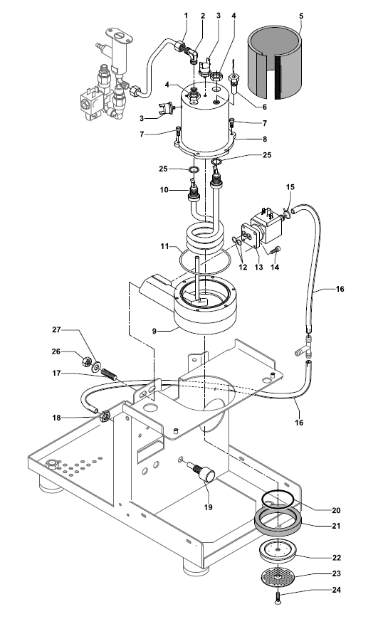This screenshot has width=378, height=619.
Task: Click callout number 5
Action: (x=300, y=15)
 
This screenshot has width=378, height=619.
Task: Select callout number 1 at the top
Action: (x=186, y=15)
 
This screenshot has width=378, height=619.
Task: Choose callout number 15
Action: (x=290, y=187)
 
